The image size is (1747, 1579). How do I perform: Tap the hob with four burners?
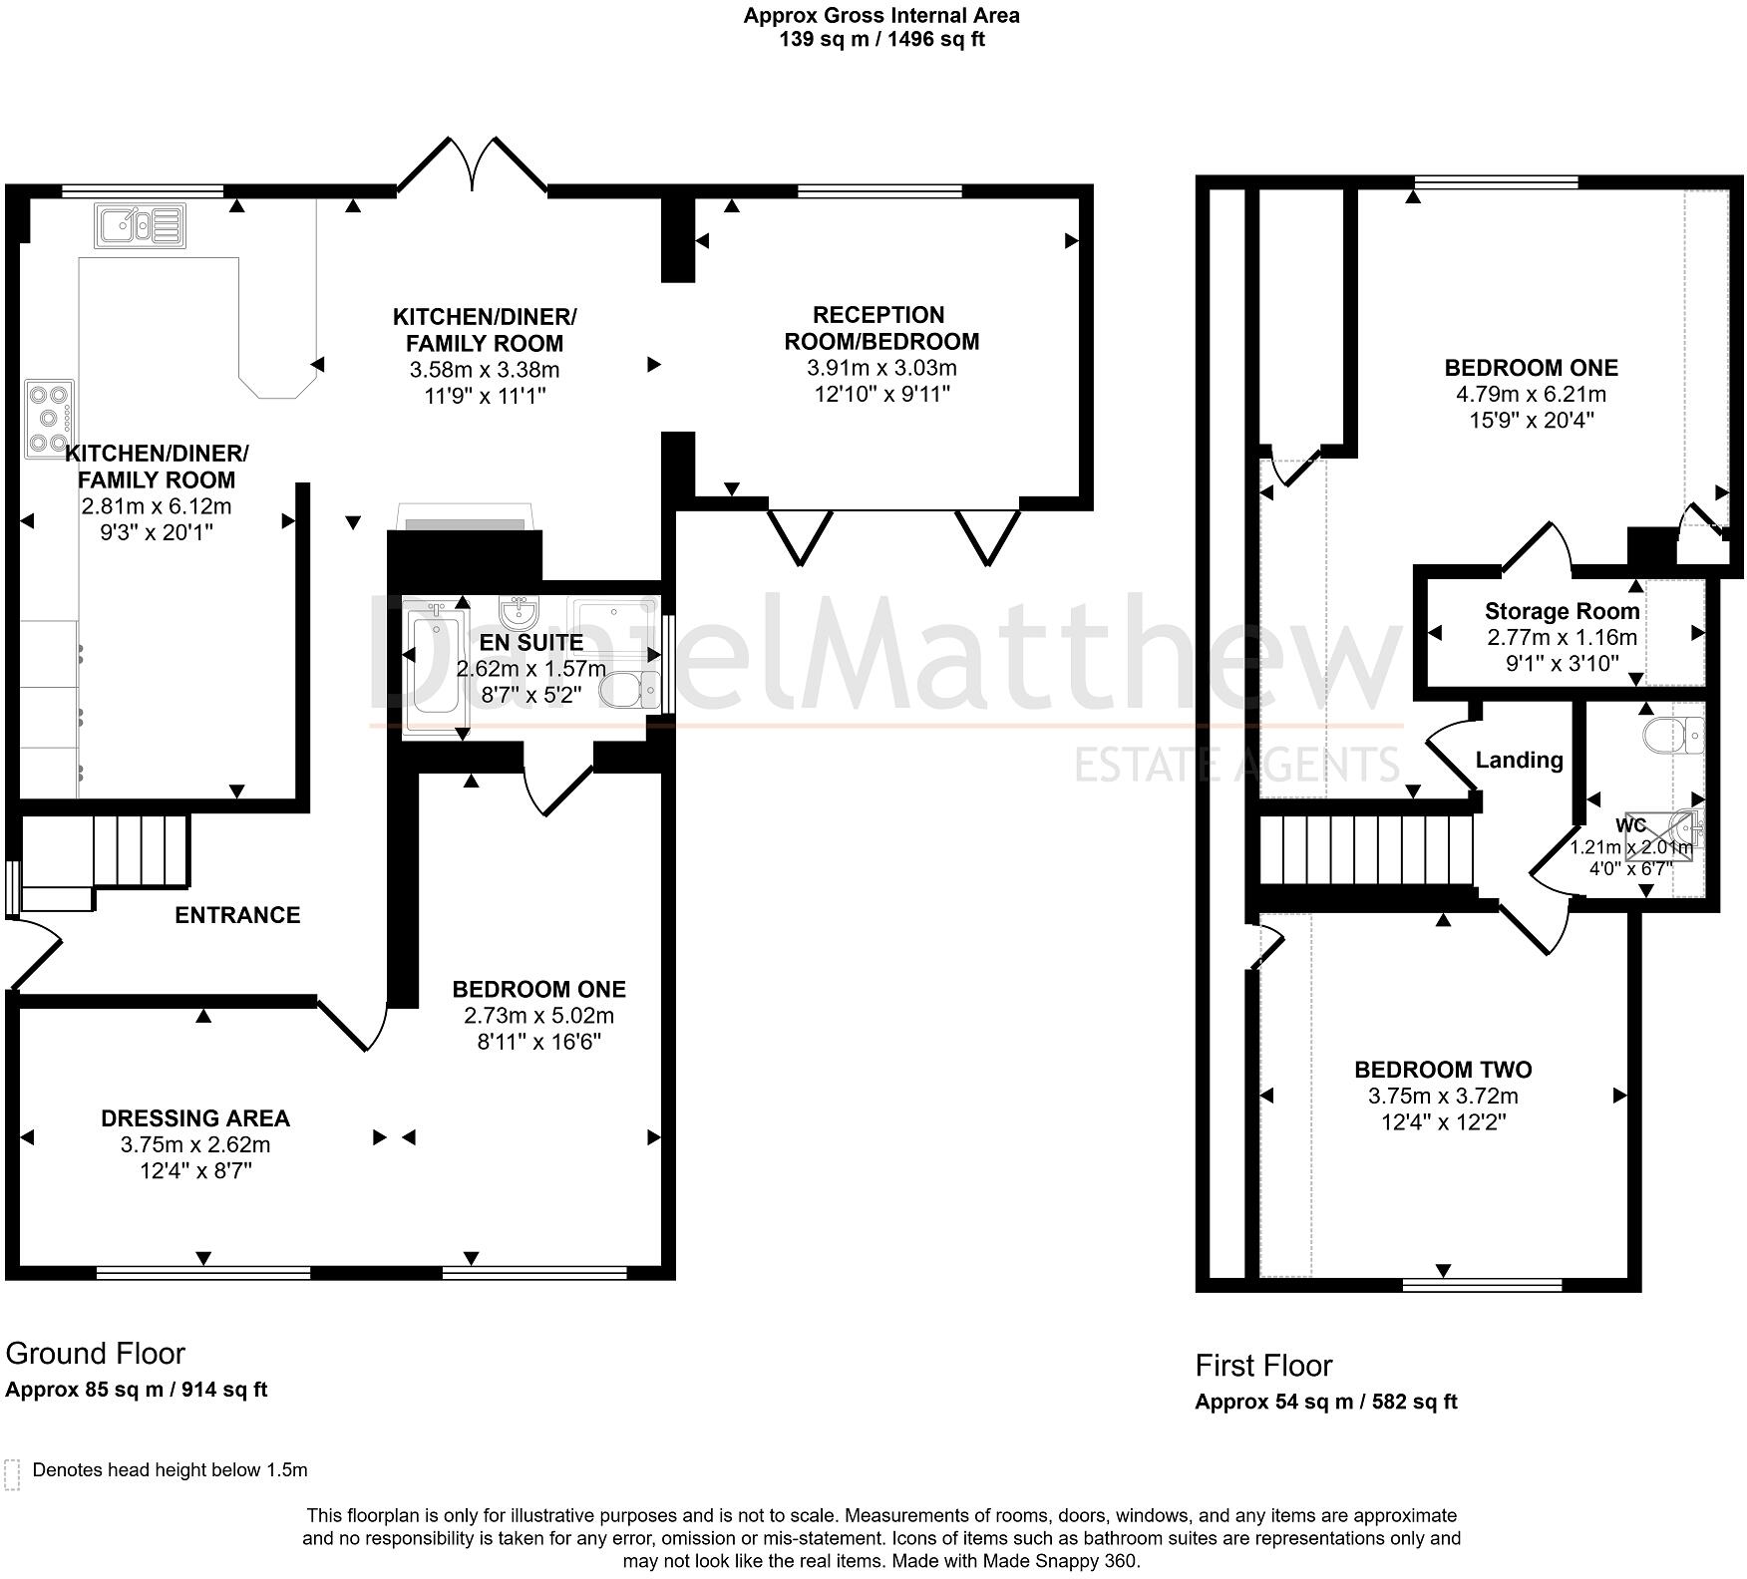tap(50, 419)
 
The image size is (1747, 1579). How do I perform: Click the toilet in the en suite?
tap(630, 689)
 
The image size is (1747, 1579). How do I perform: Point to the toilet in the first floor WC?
tap(1674, 736)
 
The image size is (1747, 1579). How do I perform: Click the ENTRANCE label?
tap(237, 915)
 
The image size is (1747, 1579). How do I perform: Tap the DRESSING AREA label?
tap(195, 1118)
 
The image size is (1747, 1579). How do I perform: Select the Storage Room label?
tap(1562, 611)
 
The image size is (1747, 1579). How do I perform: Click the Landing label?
tap(1519, 761)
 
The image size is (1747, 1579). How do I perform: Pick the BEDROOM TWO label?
tap(1443, 1070)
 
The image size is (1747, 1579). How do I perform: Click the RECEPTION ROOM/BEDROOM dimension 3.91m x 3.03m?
tap(881, 368)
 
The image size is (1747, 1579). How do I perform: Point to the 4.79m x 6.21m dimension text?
tap(1531, 394)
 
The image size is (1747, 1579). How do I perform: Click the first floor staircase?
tap(1366, 850)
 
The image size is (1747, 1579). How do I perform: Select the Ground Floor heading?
tap(96, 1354)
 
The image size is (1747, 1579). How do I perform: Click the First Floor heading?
tap(1263, 1366)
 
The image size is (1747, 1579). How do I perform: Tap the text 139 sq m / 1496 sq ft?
tap(881, 40)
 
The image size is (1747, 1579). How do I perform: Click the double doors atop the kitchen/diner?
tap(473, 164)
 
